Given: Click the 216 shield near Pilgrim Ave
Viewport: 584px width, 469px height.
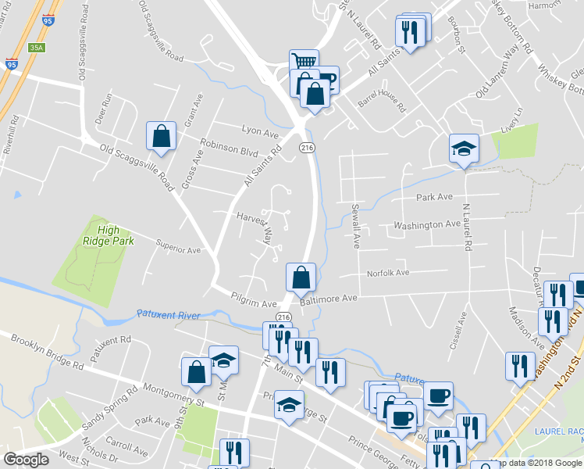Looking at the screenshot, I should (283, 317).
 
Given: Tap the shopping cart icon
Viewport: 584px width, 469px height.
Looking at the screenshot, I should (303, 62).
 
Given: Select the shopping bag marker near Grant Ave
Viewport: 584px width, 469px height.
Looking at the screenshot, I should (160, 135).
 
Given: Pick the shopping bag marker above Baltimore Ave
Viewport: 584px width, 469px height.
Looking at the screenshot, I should (301, 276).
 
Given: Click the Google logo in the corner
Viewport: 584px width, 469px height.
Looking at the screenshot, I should (27, 460).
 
